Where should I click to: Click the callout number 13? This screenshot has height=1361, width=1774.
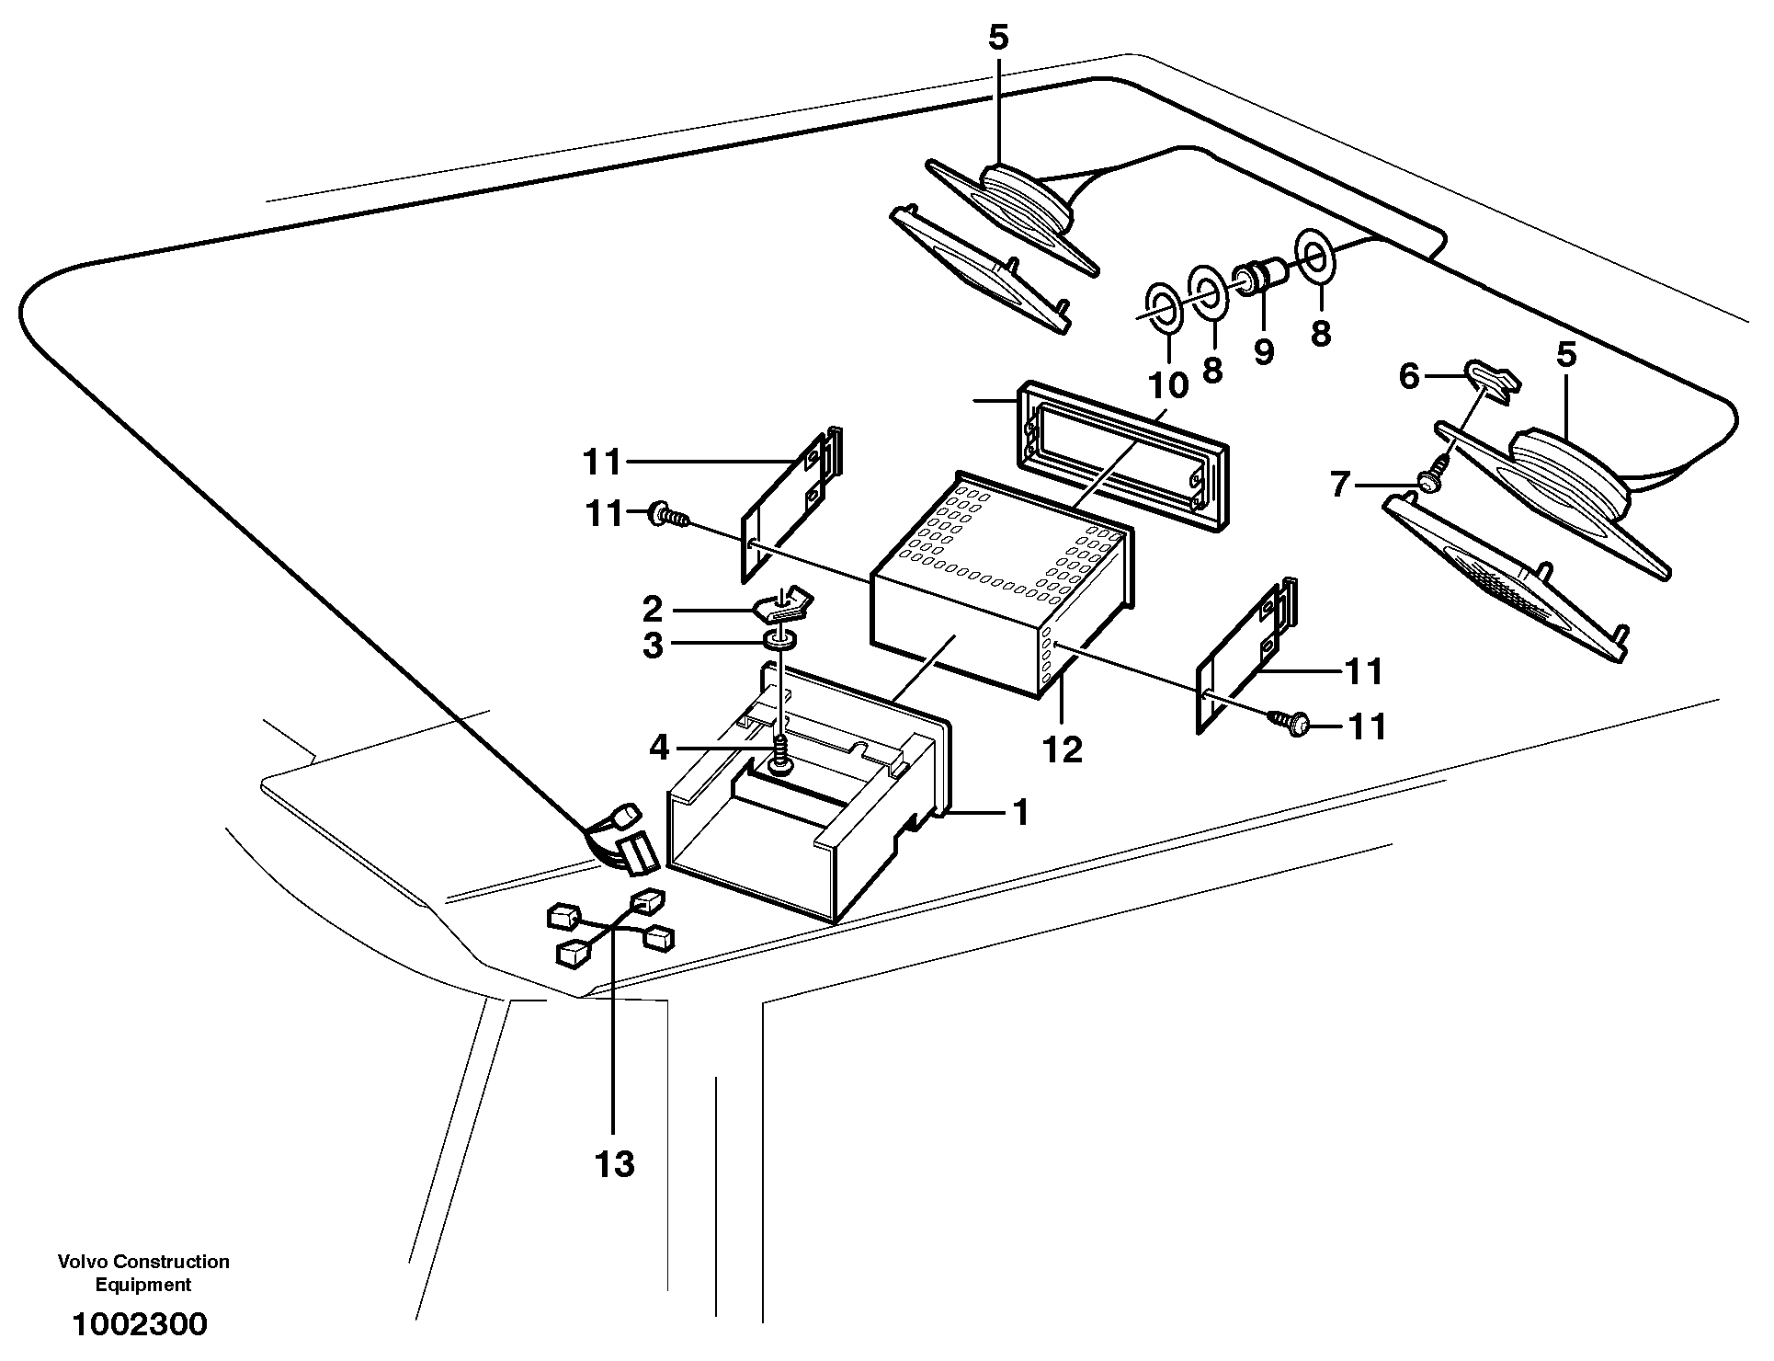click(x=614, y=1164)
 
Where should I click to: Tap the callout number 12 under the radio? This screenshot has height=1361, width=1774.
click(x=1062, y=749)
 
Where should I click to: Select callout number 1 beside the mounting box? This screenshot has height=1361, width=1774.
click(x=1019, y=813)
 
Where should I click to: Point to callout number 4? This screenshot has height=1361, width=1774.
click(x=659, y=748)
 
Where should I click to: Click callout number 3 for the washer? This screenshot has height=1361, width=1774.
click(x=653, y=646)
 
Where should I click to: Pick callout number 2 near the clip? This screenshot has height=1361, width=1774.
click(x=653, y=609)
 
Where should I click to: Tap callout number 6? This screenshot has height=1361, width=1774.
click(x=1409, y=376)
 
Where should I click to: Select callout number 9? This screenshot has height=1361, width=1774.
click(x=1264, y=350)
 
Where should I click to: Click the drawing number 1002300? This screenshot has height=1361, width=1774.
click(x=140, y=1324)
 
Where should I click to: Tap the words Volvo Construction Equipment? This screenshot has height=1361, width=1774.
click(x=143, y=1273)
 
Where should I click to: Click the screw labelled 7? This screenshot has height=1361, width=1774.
click(x=1430, y=481)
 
